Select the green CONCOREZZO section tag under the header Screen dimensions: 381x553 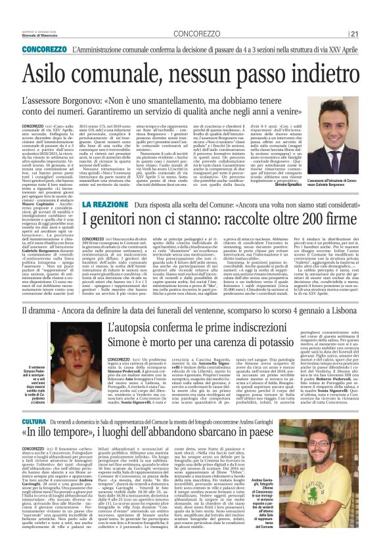[43, 49]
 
